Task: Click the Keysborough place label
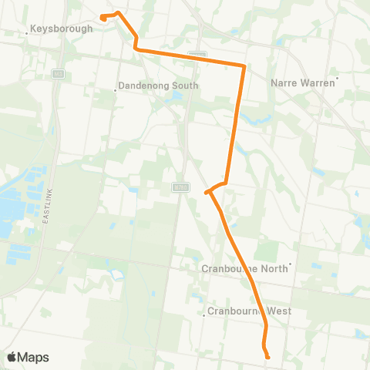point(61,29)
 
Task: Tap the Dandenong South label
point(160,86)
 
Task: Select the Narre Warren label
point(304,82)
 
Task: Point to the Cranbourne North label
point(244,269)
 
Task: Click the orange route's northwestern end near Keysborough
point(103,17)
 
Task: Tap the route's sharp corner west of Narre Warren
point(244,66)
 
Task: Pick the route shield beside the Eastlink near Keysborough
point(57,73)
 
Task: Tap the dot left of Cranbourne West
point(202,314)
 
